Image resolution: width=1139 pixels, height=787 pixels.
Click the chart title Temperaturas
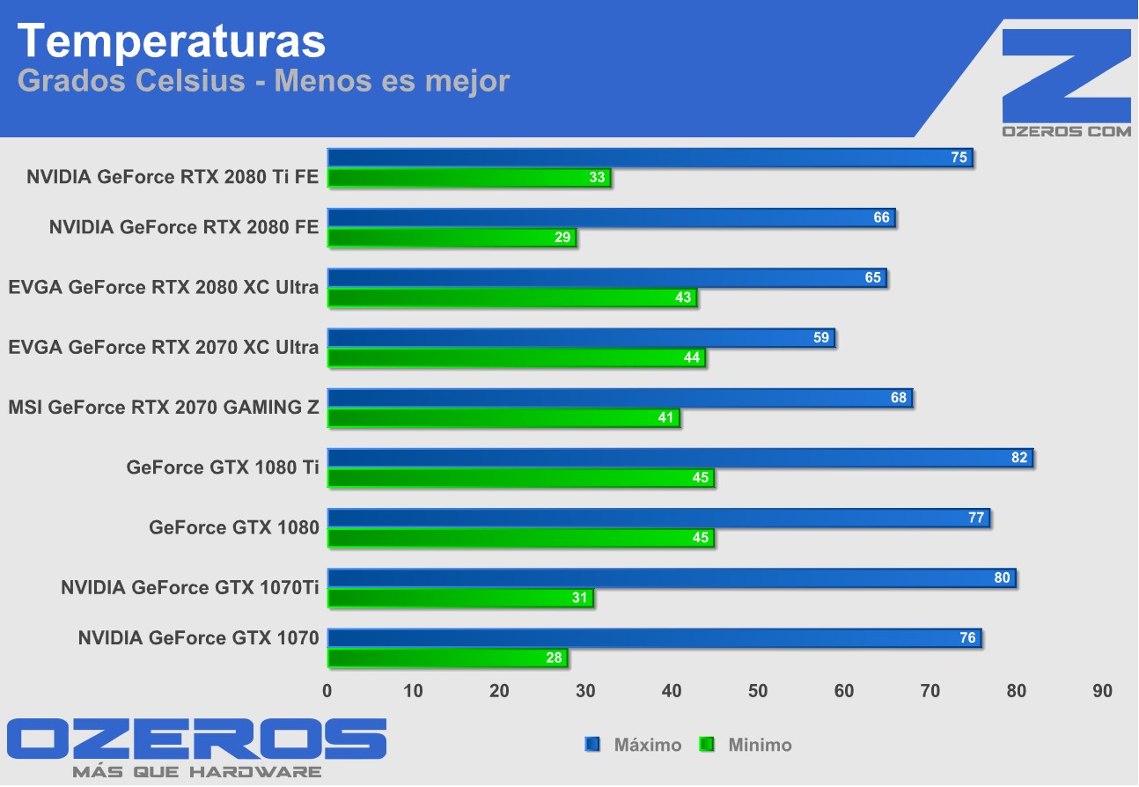click(172, 40)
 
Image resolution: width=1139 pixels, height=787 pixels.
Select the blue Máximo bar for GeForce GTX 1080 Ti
click(678, 458)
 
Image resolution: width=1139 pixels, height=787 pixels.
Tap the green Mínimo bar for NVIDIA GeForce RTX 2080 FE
click(451, 238)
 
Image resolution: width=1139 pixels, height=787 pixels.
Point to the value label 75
click(959, 158)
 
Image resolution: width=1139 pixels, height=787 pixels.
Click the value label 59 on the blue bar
click(821, 338)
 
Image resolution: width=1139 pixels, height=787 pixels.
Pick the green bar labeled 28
click(446, 658)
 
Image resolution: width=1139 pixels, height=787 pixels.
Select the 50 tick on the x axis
click(758, 692)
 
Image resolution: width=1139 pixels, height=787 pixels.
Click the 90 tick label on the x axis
click(1102, 692)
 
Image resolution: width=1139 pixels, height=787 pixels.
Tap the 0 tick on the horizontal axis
click(327, 692)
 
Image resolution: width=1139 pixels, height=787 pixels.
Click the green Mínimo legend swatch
click(706, 746)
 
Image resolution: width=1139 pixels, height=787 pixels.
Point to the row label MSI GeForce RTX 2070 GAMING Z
click(163, 408)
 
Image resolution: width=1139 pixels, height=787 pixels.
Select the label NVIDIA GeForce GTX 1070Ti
click(189, 587)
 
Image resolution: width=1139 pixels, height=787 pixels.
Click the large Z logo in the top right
click(1067, 74)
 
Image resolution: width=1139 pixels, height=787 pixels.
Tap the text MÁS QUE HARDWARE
click(196, 772)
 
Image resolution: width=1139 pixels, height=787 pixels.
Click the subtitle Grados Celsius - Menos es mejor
click(263, 81)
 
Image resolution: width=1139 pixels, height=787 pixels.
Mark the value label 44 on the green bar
click(692, 357)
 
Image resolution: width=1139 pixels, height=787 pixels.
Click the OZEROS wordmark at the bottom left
click(196, 739)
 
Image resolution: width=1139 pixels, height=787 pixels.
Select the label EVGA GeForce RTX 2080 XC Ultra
click(163, 287)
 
